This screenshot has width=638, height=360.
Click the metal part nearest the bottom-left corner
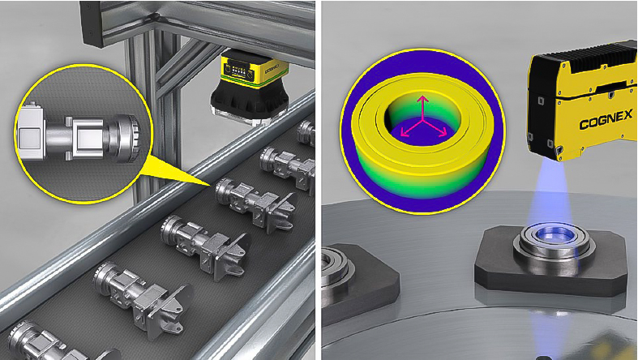[x=28, y=340]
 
